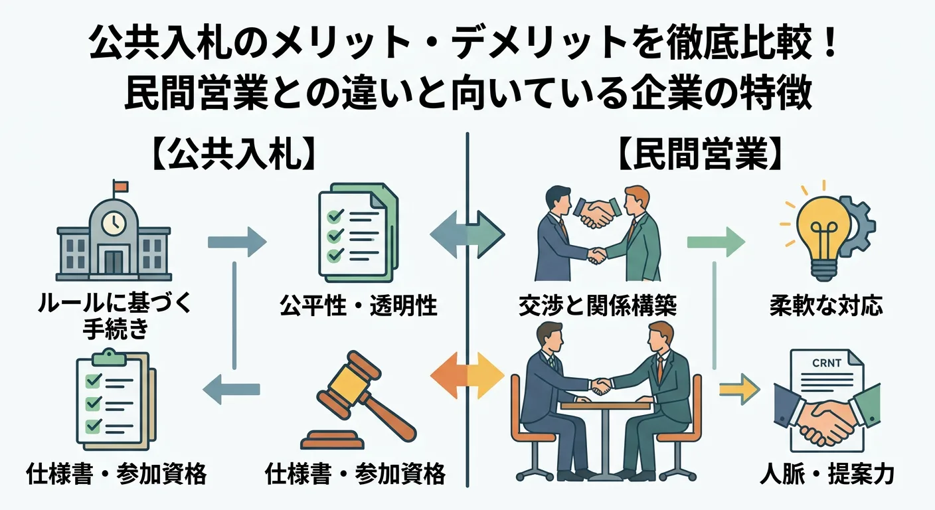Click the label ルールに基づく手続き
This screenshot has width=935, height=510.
tap(115, 315)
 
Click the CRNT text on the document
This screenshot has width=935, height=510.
tap(826, 363)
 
